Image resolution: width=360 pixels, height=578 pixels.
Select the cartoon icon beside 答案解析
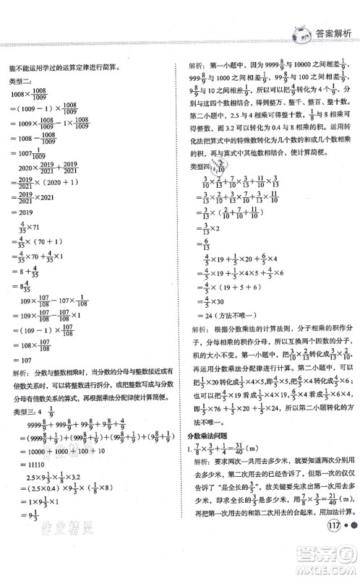(298, 32)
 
